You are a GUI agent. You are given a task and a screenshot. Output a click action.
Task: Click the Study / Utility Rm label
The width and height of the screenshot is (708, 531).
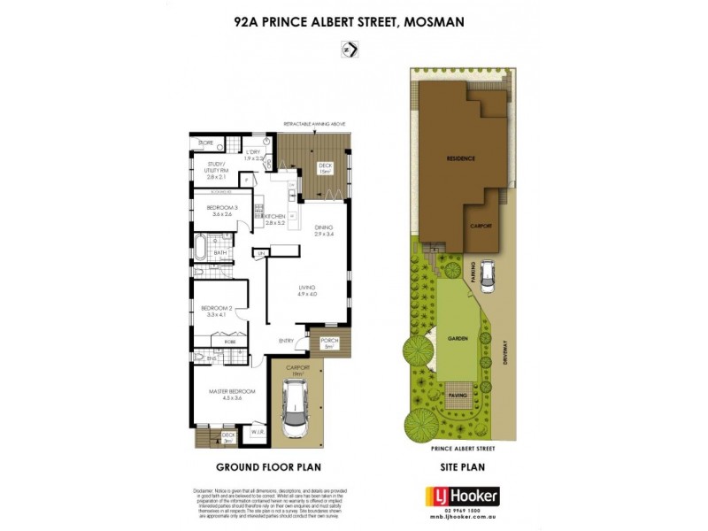pos(217,169)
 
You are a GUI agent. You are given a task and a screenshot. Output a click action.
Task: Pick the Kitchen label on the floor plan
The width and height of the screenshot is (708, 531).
pos(274,218)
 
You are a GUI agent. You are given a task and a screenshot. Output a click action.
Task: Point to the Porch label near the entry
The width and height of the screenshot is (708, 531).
pos(329,342)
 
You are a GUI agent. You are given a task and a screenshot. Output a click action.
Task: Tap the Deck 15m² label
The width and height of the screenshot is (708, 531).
pos(325,166)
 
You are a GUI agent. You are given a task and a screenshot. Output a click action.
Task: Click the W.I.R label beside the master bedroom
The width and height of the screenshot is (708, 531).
pos(258,432)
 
